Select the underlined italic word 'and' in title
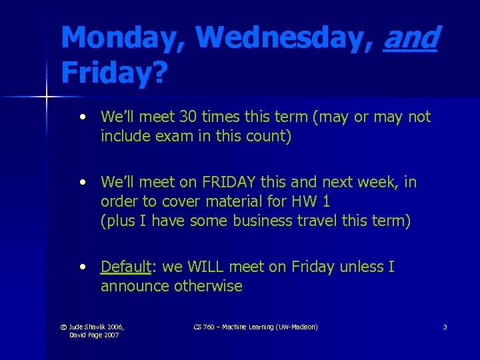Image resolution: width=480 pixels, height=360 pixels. point(411,37)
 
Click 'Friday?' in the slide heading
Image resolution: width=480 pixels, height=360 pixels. point(114,73)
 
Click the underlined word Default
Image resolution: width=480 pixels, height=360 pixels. point(126,267)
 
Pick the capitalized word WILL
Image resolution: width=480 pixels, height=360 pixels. point(209,267)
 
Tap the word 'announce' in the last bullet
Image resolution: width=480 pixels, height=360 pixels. point(135,287)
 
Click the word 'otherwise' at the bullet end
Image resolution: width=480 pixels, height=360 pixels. point(209,287)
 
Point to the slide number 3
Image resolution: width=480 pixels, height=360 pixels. point(445,327)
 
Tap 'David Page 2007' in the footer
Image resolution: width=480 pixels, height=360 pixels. point(94,335)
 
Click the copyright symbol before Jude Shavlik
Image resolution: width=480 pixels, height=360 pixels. point(63,327)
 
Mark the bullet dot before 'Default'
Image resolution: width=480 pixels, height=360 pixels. point(81,267)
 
